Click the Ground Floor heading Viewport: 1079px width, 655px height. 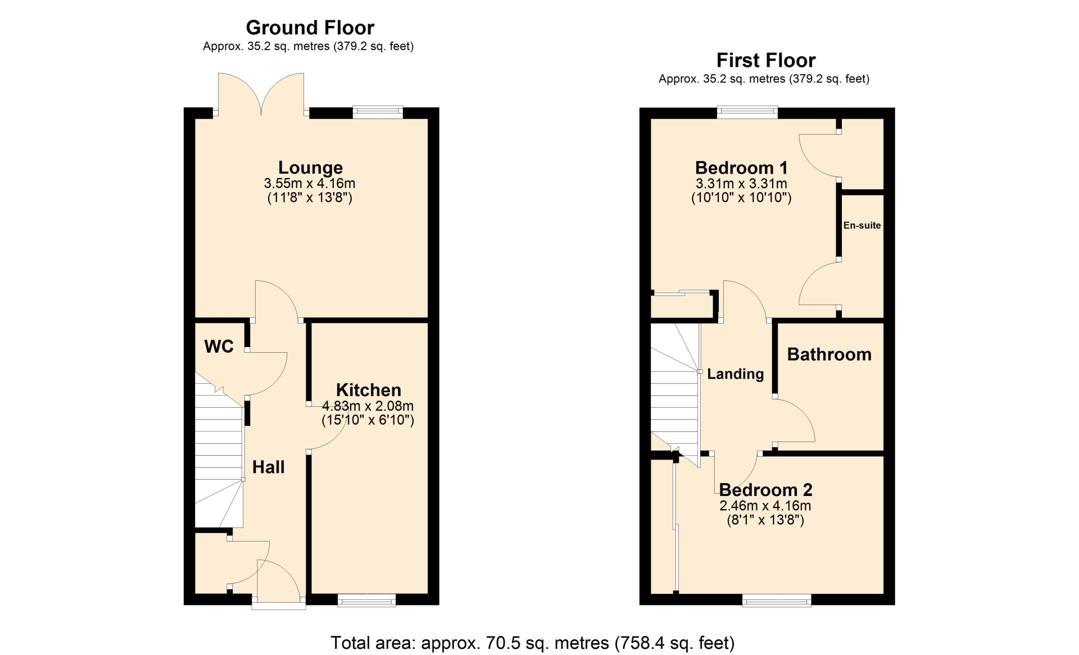(x=310, y=28)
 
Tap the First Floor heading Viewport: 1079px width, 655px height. (x=765, y=60)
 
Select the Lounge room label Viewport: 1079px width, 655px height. (x=310, y=167)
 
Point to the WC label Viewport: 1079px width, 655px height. (x=219, y=347)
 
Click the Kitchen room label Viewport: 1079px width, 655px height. (x=369, y=390)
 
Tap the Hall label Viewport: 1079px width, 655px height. (x=268, y=467)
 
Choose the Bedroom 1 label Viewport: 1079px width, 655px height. (x=741, y=167)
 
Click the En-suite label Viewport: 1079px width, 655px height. (x=862, y=225)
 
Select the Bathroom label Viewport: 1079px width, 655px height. (x=829, y=354)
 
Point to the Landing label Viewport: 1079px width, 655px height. (x=735, y=374)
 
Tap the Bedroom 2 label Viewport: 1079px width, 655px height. (x=765, y=490)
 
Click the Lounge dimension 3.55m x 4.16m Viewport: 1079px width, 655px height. (x=310, y=184)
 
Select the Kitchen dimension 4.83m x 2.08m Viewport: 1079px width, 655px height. (x=368, y=406)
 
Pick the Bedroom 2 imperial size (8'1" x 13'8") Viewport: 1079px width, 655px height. (x=765, y=520)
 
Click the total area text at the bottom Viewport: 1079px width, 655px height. (x=532, y=643)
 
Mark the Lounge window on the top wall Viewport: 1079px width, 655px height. (x=378, y=112)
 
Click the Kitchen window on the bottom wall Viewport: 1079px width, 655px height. (x=366, y=601)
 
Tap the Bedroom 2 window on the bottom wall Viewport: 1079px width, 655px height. (x=777, y=601)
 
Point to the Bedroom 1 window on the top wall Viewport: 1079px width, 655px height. (x=747, y=112)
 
